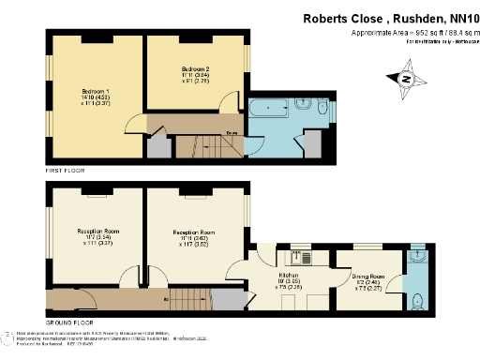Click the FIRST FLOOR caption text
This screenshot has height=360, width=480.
click(x=67, y=172)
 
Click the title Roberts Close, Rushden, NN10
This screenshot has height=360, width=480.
click(x=389, y=18)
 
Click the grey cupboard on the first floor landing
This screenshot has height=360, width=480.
click(x=157, y=146)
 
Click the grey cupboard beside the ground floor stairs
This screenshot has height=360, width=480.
click(x=226, y=301)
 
